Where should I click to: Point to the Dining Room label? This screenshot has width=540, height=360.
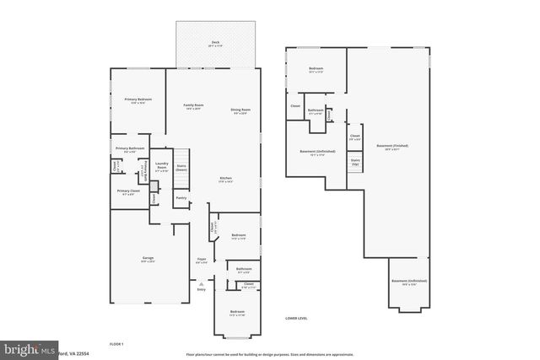[x=240, y=110]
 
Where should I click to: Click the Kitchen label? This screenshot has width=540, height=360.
[x=225, y=180]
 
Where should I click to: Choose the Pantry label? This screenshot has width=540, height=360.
[x=181, y=199]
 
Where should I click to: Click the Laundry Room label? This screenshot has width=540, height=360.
[x=162, y=167]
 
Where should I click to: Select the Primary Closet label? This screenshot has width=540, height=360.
[x=128, y=192]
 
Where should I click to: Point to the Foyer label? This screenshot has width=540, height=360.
[x=202, y=260]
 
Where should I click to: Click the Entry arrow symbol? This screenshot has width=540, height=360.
[x=201, y=285]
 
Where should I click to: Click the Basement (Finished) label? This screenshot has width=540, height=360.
[x=395, y=148]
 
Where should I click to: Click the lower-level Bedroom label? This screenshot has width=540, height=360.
[x=316, y=69]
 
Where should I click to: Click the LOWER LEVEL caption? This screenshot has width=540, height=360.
[x=297, y=318]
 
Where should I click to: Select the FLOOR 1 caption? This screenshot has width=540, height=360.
[x=116, y=343]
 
